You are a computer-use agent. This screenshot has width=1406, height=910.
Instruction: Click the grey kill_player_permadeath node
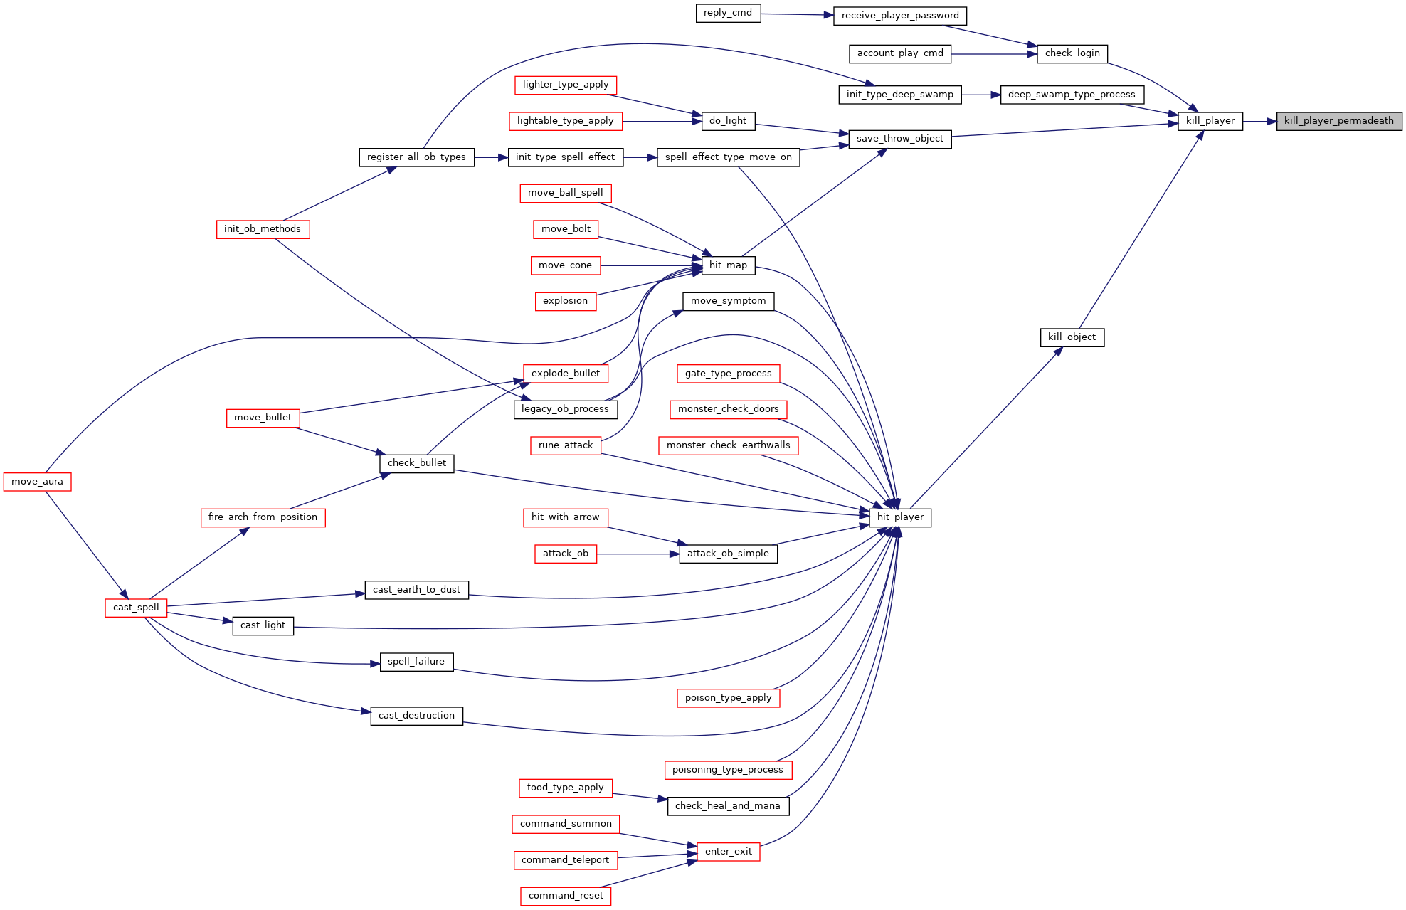click(1338, 121)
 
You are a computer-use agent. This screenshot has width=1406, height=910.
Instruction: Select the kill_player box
click(1210, 121)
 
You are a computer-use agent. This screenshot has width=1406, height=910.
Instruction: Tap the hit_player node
click(899, 517)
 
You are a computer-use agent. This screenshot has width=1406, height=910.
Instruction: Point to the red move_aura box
click(37, 482)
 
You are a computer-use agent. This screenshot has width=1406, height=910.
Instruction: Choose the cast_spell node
click(136, 608)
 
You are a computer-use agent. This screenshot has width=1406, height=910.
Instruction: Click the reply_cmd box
click(727, 13)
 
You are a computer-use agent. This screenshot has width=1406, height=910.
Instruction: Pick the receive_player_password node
click(899, 16)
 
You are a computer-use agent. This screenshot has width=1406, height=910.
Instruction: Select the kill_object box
click(1072, 337)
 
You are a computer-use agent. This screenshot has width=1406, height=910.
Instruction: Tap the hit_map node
click(728, 265)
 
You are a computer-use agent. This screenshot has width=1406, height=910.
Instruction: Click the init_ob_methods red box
click(263, 229)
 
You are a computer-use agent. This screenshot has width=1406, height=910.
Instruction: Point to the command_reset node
click(566, 896)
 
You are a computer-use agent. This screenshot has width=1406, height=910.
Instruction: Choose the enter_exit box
click(728, 852)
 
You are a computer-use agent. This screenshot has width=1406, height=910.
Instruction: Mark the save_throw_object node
click(899, 139)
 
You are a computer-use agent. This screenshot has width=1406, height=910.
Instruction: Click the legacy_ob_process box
click(565, 409)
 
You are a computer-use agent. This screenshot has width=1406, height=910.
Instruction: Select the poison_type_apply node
click(728, 698)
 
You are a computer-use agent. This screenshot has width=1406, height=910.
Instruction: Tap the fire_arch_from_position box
click(263, 517)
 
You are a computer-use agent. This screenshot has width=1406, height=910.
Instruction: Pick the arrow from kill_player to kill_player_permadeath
click(1259, 121)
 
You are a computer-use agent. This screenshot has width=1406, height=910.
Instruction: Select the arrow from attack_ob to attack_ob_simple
click(638, 554)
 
